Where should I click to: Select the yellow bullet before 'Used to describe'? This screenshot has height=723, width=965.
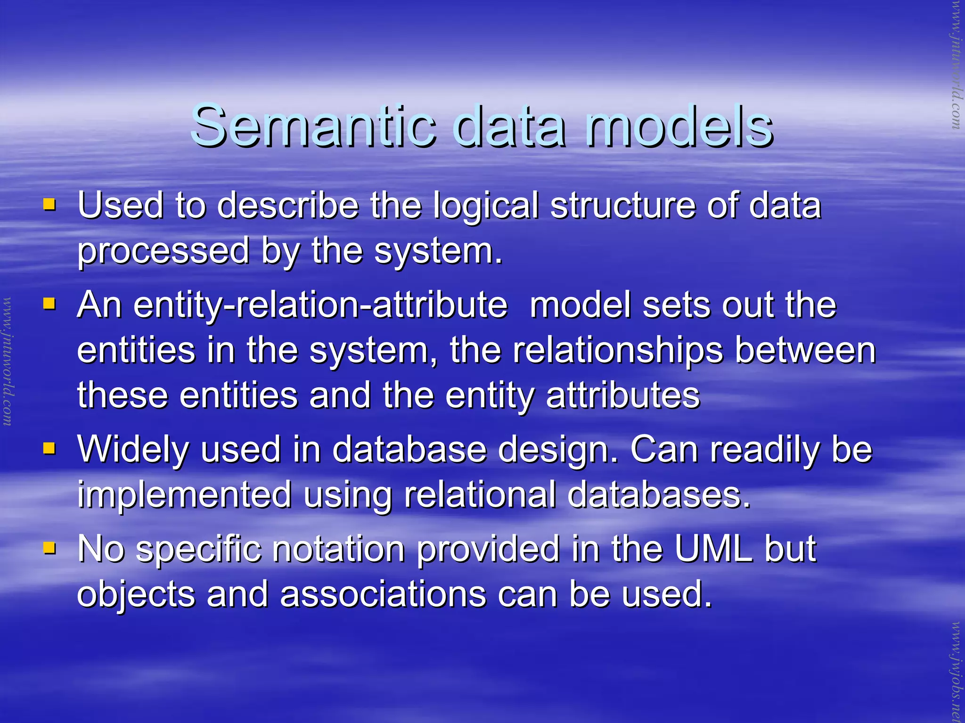click(49, 205)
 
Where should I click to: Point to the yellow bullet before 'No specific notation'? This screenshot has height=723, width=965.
click(49, 547)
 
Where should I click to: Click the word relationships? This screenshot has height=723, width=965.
click(617, 351)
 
